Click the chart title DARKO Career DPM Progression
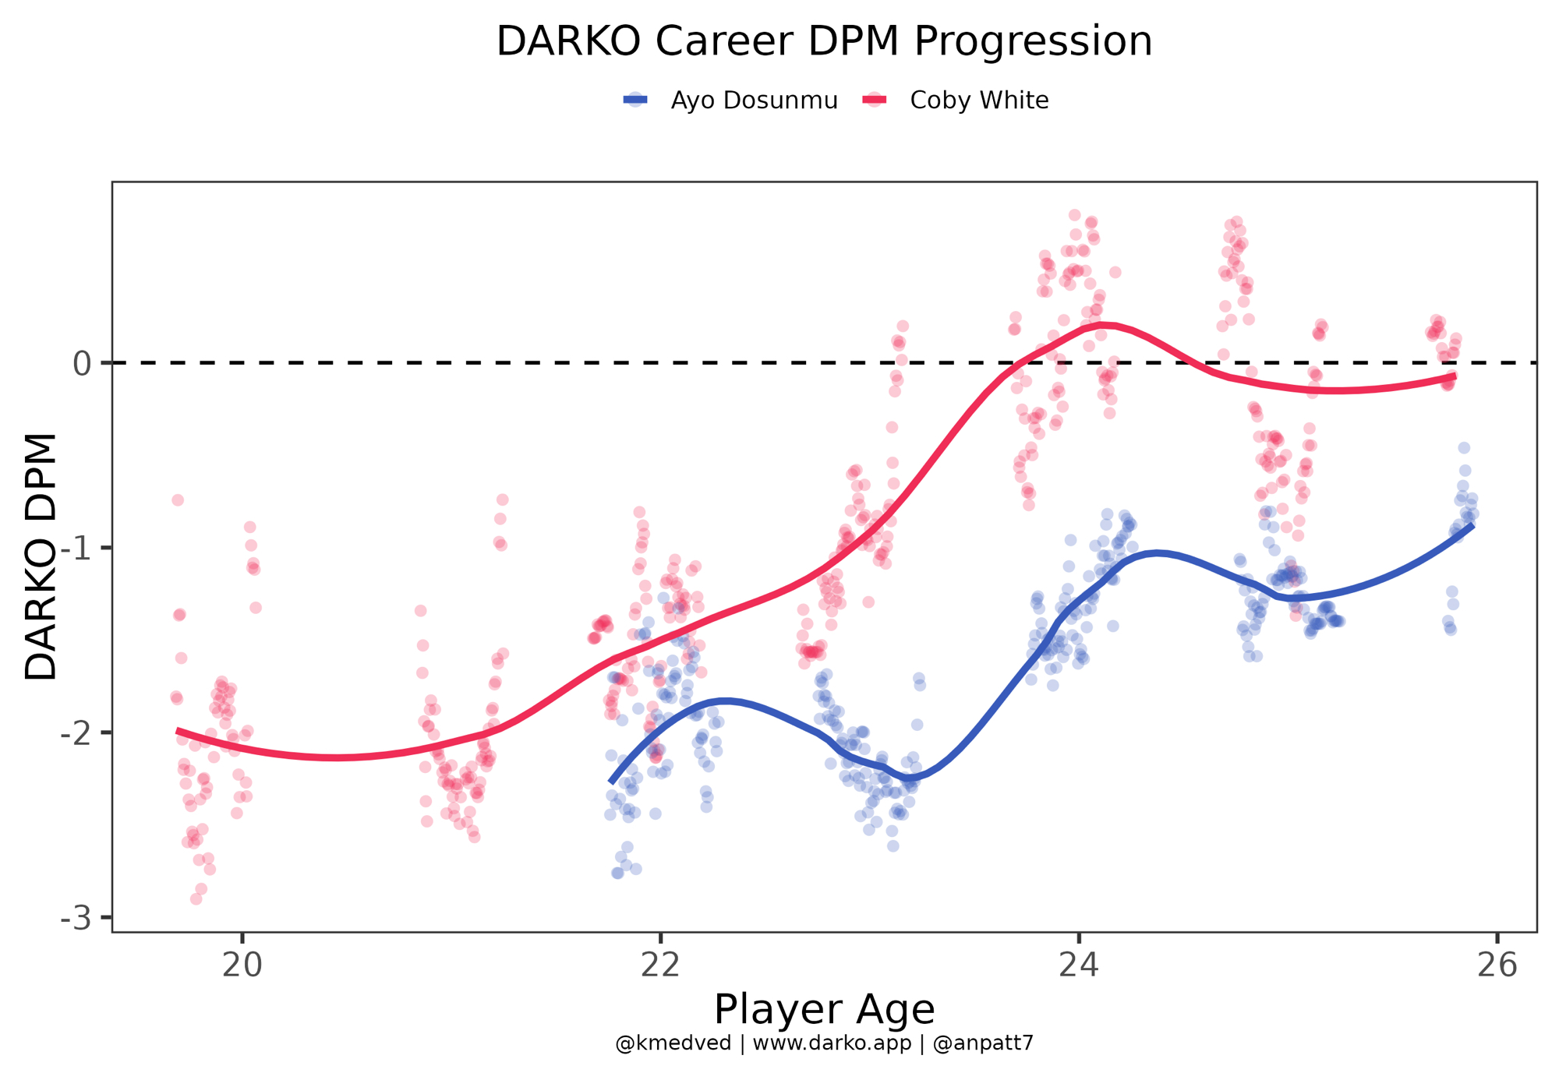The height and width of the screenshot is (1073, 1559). [x=824, y=41]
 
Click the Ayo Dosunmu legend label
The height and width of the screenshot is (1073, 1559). [x=754, y=101]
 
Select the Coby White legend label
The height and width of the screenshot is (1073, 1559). [x=979, y=101]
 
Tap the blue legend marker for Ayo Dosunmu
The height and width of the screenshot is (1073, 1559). [x=636, y=100]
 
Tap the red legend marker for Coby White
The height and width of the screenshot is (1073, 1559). [x=875, y=100]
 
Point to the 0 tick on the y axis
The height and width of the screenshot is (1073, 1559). [x=82, y=363]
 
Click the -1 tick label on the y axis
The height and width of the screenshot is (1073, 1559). [x=76, y=548]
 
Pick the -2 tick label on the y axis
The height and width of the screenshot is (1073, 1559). [x=76, y=732]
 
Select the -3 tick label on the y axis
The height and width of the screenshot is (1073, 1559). [x=76, y=917]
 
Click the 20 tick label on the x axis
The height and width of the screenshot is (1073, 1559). [x=242, y=965]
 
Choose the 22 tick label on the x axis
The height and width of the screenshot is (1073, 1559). [x=660, y=965]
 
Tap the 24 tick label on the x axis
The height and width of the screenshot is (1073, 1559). [x=1079, y=965]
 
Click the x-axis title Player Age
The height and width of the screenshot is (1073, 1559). [x=824, y=1010]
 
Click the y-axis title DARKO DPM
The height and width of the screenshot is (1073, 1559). [x=41, y=556]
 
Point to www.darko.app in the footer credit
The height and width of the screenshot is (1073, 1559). [x=832, y=1043]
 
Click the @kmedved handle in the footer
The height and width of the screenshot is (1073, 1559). [x=673, y=1043]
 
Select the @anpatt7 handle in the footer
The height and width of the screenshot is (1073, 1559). [x=983, y=1043]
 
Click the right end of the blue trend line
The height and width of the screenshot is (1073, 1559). [x=1471, y=526]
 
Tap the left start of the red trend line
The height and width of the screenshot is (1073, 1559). [x=179, y=731]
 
